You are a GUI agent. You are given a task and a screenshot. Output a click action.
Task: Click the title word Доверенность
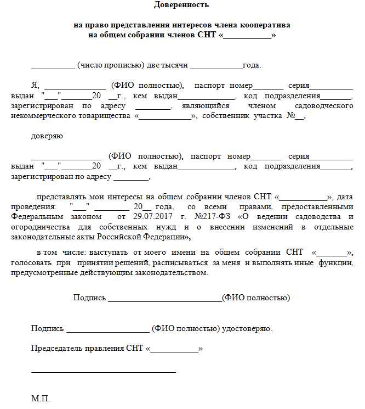[x=181, y=5]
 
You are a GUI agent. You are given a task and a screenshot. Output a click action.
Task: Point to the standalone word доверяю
[x=47, y=136]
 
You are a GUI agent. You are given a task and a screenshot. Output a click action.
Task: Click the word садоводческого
[x=323, y=106]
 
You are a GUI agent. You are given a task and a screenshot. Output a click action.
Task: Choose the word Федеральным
[x=35, y=217]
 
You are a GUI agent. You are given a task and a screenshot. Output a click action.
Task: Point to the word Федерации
[x=168, y=237]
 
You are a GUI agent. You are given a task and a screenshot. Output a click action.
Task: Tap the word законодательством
[x=171, y=273]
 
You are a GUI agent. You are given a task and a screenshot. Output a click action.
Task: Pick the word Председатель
[x=56, y=349]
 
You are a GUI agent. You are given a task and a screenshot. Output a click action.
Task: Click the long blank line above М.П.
[x=104, y=372]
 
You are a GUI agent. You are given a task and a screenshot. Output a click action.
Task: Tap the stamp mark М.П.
[x=41, y=398]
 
